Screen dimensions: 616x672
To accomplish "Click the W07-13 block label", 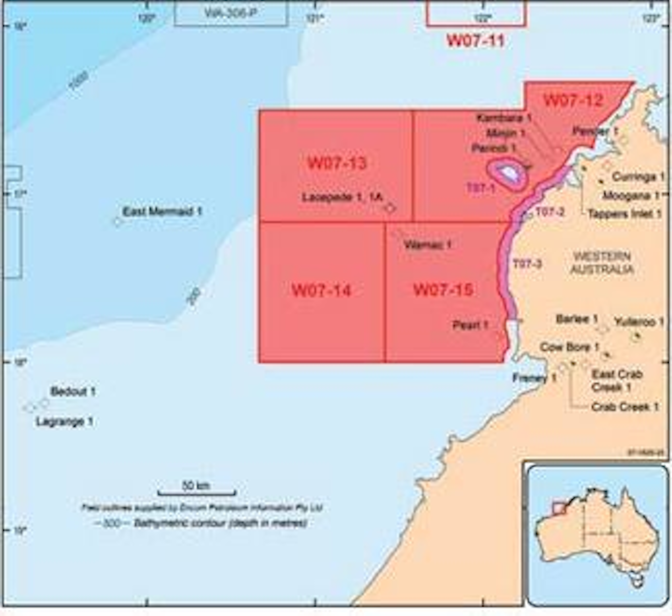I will pyautogui.click(x=337, y=163).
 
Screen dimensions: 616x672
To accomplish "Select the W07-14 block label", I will pyautogui.click(x=321, y=290).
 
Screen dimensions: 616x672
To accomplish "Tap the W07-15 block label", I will pyautogui.click(x=443, y=290).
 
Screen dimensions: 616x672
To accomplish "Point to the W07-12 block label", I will pyautogui.click(x=573, y=100).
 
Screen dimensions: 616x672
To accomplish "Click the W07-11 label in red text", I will pyautogui.click(x=476, y=41).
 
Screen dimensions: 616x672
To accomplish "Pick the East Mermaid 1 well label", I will pyautogui.click(x=162, y=212).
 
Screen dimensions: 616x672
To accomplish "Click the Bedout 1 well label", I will pyautogui.click(x=73, y=392).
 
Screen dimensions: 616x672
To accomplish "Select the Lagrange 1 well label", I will pyautogui.click(x=64, y=422).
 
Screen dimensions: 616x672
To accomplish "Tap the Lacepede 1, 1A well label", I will pyautogui.click(x=342, y=197).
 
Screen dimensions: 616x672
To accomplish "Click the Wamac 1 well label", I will pyautogui.click(x=428, y=245).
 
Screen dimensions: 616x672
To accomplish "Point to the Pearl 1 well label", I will pyautogui.click(x=470, y=325).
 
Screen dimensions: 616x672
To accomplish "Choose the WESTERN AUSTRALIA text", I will pyautogui.click(x=602, y=263).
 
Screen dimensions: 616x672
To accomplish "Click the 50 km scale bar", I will pyautogui.click(x=196, y=491).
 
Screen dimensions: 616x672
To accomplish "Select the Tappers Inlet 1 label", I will pyautogui.click(x=624, y=214).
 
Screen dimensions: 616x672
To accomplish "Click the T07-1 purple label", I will pyautogui.click(x=481, y=188).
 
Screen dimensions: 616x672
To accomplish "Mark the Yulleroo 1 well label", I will pyautogui.click(x=638, y=322).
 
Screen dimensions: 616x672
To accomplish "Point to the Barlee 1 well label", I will pyautogui.click(x=577, y=320).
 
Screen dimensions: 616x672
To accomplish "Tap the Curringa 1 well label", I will pyautogui.click(x=638, y=177).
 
